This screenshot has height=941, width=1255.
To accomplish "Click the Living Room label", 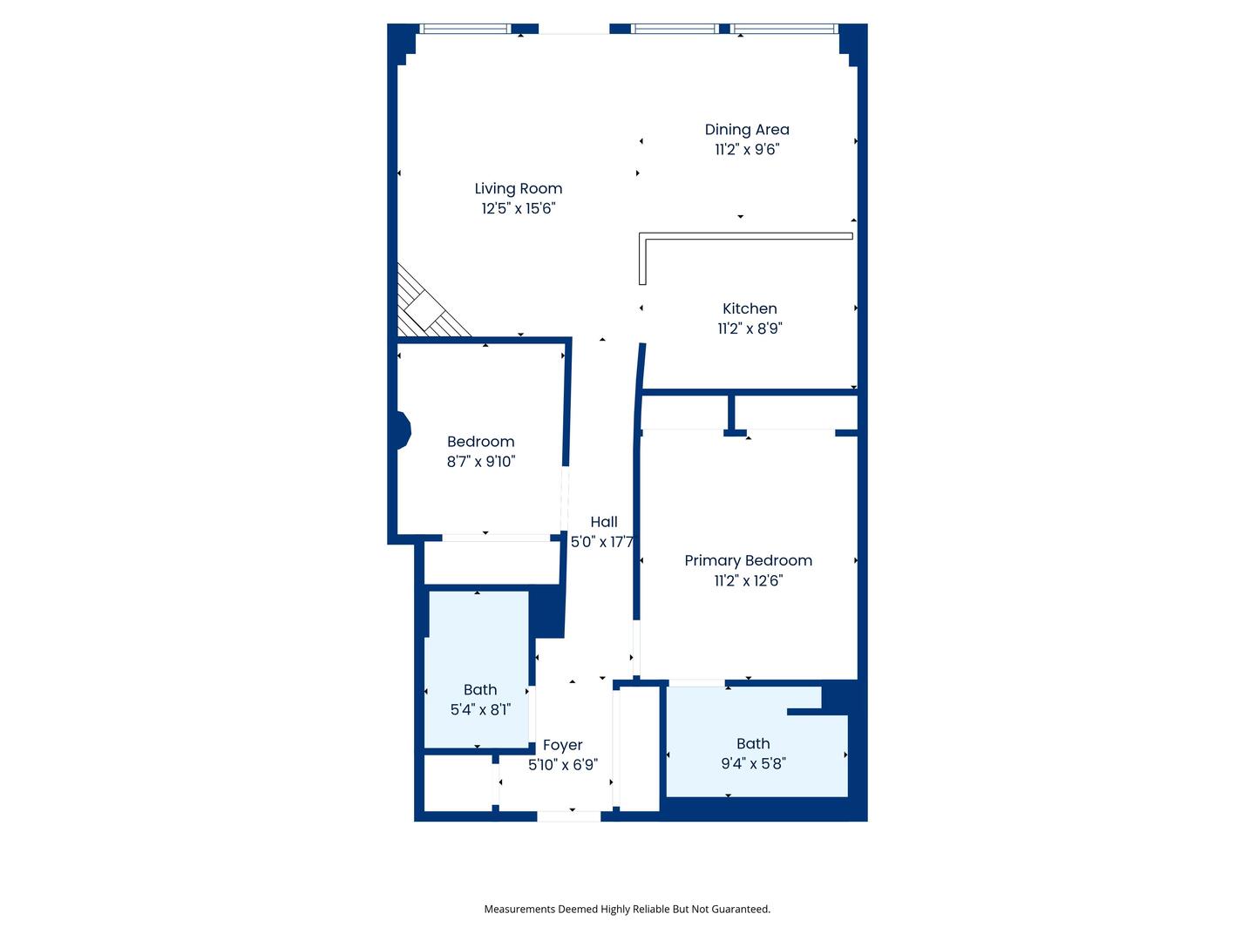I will (518, 188).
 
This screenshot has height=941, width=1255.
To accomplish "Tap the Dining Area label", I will (747, 129).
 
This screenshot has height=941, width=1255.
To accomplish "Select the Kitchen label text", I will (750, 308).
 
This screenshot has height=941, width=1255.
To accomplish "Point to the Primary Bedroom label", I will (748, 560).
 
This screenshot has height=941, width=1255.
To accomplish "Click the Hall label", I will (603, 522).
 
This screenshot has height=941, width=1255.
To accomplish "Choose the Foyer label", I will (562, 745).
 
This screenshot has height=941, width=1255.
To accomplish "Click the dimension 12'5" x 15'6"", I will (518, 208).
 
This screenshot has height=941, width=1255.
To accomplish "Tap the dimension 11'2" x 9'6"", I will (747, 149).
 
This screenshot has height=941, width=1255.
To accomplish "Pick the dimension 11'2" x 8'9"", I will (750, 328).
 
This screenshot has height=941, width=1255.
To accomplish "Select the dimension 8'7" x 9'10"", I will (481, 462).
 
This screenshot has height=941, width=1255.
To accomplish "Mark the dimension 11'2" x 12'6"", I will (748, 580).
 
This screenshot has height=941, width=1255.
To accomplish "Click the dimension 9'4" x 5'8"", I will (753, 763).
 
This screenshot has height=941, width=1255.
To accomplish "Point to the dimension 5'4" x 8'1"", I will (480, 709).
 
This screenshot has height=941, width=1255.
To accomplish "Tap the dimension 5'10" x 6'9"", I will (562, 765).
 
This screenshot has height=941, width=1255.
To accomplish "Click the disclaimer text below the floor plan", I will (627, 909).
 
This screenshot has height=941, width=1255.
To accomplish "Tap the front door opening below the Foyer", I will (568, 816).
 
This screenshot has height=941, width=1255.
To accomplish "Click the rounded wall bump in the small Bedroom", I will (403, 430).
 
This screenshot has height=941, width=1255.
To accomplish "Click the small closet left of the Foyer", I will (458, 782).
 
